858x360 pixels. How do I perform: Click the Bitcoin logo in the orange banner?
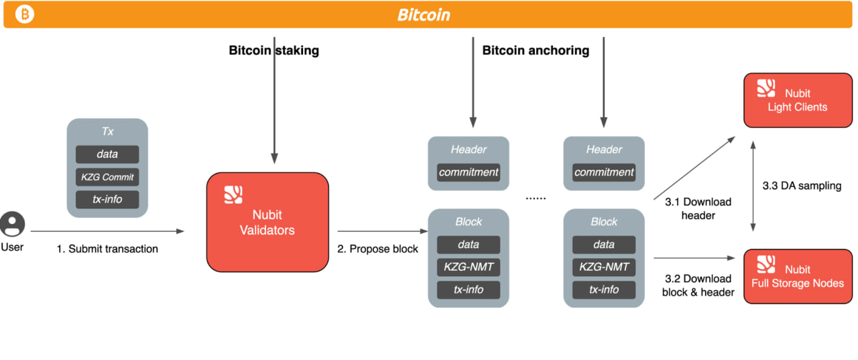25,14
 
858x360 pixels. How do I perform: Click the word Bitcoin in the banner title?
424,15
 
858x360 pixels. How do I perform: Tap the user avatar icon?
12,224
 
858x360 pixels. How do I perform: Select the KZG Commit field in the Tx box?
107,177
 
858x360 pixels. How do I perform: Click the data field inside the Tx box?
107,154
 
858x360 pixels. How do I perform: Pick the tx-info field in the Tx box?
107,199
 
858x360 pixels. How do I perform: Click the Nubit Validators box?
267,222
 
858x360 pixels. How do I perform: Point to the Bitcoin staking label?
274,50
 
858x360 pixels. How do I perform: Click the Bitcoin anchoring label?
536,50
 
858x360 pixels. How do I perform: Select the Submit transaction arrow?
107,231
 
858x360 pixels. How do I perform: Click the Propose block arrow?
383,231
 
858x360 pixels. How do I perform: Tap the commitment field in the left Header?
469,172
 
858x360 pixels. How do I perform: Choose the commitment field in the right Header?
604,172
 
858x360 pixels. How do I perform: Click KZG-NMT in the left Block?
469,267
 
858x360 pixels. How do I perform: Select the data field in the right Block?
604,244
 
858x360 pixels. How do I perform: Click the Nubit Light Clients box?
798,101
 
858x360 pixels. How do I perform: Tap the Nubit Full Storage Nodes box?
798,276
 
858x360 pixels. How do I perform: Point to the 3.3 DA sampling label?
802,186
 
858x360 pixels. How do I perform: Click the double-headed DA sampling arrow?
753,186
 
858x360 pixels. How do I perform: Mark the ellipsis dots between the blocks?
536,198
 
